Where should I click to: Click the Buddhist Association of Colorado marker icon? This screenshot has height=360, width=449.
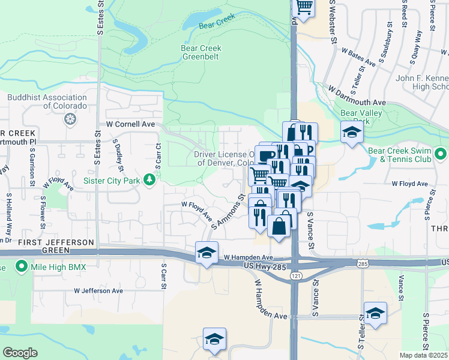[70, 119]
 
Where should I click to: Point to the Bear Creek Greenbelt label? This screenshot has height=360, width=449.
[201, 53]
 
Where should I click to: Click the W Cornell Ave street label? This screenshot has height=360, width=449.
[130, 124]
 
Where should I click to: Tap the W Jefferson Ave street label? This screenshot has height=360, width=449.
[98, 291]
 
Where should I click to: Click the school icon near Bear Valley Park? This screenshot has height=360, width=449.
[352, 133]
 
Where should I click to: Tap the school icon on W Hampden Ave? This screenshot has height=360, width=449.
[206, 253]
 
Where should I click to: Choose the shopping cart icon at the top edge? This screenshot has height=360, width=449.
[304, 7]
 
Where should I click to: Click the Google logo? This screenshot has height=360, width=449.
[20, 353]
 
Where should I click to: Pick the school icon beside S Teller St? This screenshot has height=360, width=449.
[375, 313]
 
